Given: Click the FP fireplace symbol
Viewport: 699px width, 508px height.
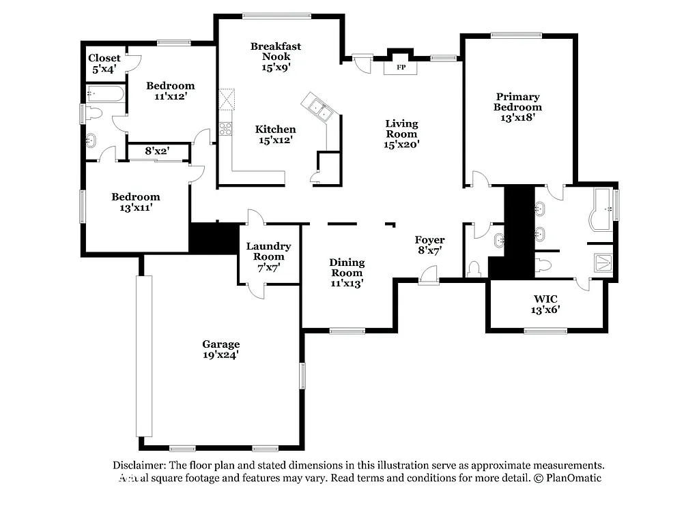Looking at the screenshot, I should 401,68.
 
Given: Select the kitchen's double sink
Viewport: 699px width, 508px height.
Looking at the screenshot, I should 317,108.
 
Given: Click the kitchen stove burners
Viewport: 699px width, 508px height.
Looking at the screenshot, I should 225,128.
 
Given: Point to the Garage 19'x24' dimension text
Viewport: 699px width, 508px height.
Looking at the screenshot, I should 220,355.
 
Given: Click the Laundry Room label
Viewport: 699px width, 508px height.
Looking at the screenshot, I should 268,251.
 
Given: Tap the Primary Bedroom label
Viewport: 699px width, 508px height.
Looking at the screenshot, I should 517,102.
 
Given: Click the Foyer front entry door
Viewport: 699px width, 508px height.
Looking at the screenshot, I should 429,275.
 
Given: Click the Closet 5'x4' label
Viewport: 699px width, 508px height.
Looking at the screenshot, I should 104,63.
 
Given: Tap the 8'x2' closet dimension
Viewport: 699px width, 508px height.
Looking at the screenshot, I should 158,151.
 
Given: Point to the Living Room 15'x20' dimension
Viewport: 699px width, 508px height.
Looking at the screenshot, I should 401,144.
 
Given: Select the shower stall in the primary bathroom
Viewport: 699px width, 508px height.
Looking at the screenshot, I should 603,263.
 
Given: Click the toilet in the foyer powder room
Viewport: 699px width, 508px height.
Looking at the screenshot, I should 474,268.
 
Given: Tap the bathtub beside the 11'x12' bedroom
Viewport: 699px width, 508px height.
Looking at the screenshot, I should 106,93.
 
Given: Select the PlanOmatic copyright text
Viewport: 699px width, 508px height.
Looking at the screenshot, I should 567,478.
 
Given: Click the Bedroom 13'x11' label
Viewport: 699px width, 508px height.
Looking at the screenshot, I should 136,202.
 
